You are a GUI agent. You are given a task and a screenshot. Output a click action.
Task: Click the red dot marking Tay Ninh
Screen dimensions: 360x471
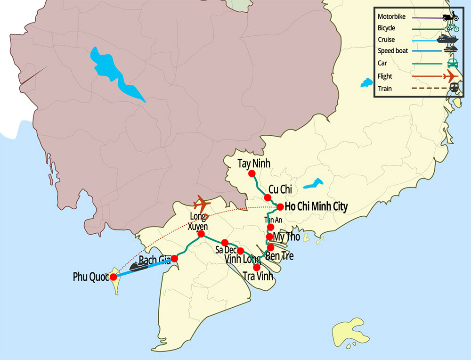pos(252,173)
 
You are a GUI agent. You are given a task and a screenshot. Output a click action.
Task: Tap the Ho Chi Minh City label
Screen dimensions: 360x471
pos(317,206)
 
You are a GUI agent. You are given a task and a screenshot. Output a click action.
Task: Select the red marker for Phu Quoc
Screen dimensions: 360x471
pos(114,277)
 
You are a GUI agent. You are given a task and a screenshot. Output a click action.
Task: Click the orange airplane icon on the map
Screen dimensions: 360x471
pos(202,205)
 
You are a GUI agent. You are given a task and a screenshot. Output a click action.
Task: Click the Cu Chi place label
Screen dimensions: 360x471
pos(280,189)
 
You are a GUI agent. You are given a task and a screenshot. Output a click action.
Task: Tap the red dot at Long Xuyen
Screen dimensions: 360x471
pos(201,234)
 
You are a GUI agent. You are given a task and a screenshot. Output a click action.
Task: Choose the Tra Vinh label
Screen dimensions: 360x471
pos(258,276)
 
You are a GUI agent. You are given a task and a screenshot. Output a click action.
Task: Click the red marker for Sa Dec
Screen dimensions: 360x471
pos(225,243)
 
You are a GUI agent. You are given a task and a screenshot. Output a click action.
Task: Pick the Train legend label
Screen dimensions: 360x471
pos(385,88)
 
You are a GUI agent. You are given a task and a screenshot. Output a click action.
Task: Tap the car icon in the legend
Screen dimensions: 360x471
pos(451,63)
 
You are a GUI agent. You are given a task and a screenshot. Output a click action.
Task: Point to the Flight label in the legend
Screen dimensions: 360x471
pos(385,76)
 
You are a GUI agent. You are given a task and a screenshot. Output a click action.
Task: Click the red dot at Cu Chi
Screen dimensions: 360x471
pos(268,197)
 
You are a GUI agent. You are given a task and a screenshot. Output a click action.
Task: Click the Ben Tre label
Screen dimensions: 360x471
pos(280,256)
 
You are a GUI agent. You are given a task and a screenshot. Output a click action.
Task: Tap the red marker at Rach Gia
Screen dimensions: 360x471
pos(174,258)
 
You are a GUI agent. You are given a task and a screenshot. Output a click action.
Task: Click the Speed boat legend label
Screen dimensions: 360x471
pos(392,51)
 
